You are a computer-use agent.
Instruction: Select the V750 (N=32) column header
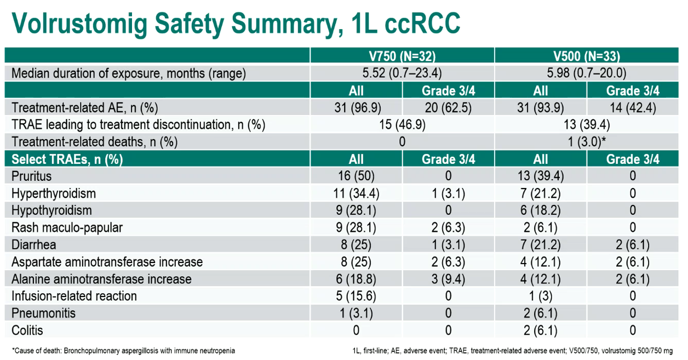pyautogui.click(x=402, y=56)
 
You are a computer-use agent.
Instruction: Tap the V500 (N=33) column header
pyautogui.click(x=587, y=56)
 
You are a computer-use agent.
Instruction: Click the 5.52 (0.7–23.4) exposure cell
pyautogui.click(x=402, y=73)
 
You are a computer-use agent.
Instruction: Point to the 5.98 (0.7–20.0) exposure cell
pyautogui.click(x=587, y=73)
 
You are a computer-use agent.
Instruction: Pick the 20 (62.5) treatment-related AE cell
pyautogui.click(x=448, y=108)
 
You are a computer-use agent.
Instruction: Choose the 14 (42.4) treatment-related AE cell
pyautogui.click(x=633, y=108)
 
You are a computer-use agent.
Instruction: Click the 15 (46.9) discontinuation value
pyautogui.click(x=402, y=125)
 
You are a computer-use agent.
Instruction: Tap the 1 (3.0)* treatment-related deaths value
pyautogui.click(x=587, y=142)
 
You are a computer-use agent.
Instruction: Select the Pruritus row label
pyautogui.click(x=31, y=176)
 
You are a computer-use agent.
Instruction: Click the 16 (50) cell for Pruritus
pyautogui.click(x=356, y=176)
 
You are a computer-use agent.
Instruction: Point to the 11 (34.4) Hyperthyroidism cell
pyautogui.click(x=356, y=193)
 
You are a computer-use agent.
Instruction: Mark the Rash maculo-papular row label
pyautogui.click(x=67, y=227)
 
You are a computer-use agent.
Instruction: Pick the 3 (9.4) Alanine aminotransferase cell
pyautogui.click(x=448, y=279)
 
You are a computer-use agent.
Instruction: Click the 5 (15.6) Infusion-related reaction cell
pyautogui.click(x=356, y=296)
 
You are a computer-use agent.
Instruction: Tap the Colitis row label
pyautogui.click(x=27, y=330)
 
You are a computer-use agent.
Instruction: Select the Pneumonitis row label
pyautogui.click(x=43, y=313)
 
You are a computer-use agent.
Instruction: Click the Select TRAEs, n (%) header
pyautogui.click(x=67, y=159)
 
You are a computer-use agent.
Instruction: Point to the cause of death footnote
pyautogui.click(x=123, y=351)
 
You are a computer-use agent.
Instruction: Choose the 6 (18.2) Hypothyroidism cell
pyautogui.click(x=540, y=210)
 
